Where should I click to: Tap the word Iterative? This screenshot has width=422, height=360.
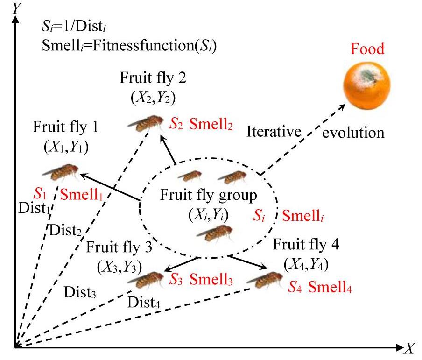[273, 132]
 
